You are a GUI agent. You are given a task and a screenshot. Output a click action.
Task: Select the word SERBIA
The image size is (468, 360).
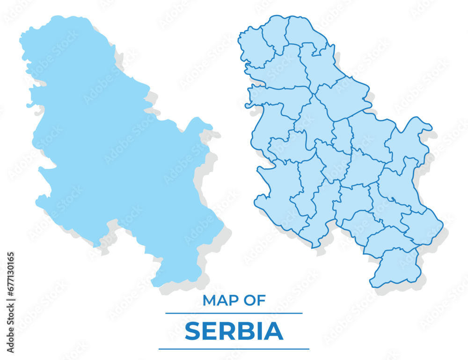234,331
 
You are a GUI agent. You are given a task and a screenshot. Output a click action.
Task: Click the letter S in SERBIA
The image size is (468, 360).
193,331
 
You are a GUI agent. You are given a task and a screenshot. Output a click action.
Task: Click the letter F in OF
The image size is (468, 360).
262,301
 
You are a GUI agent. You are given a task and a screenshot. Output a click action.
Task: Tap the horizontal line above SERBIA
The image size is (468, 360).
234,313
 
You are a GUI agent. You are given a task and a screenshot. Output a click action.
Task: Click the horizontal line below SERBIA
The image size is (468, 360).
234,349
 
